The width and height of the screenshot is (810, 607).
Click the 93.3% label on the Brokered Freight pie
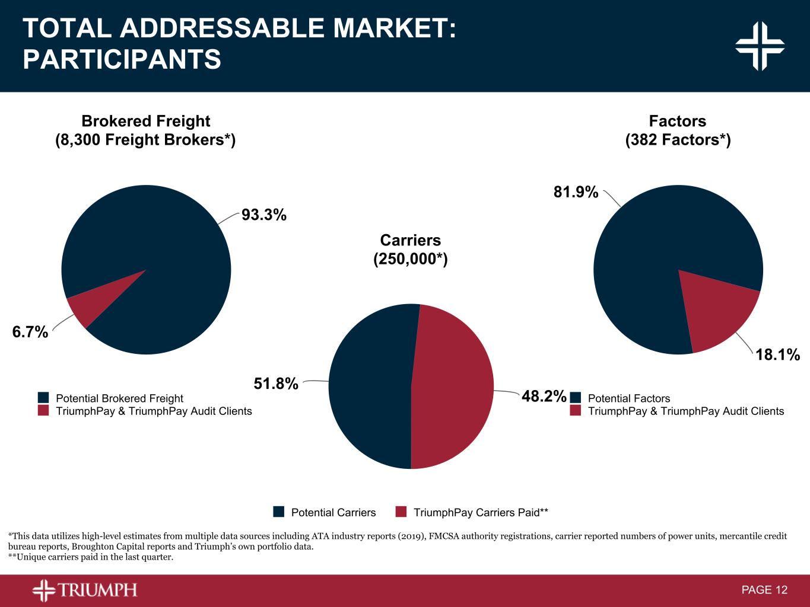pyautogui.click(x=264, y=215)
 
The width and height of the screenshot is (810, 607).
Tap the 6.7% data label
pyautogui.click(x=30, y=332)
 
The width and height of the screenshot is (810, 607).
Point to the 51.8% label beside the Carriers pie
pyautogui.click(x=276, y=384)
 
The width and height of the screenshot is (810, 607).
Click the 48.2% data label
pyautogui.click(x=544, y=396)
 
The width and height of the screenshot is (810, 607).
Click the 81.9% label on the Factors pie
pyautogui.click(x=576, y=192)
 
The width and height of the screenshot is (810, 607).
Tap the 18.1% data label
pyautogui.click(x=777, y=354)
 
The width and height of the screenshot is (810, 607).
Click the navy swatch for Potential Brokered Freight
pyautogui.click(x=43, y=398)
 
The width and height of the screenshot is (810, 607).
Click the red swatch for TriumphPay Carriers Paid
pyautogui.click(x=401, y=512)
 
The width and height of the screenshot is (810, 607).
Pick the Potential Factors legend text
pyautogui.click(x=629, y=398)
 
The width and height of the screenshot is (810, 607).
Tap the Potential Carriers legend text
pyautogui.click(x=333, y=512)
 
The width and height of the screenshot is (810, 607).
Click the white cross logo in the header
pyautogui.click(x=760, y=46)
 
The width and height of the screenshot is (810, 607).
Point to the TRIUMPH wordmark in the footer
pyautogui.click(x=97, y=590)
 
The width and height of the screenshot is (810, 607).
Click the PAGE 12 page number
pyautogui.click(x=764, y=590)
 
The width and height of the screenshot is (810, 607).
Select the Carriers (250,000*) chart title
pyautogui.click(x=410, y=250)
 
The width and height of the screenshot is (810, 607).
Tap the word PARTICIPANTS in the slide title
pyautogui.click(x=122, y=60)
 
